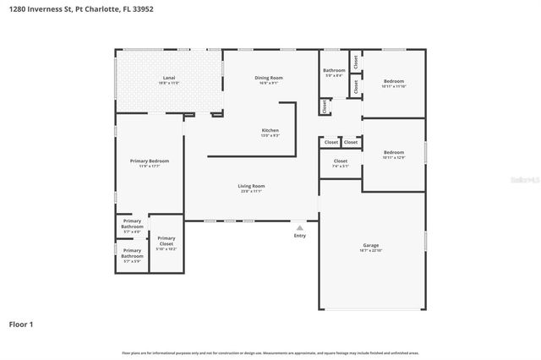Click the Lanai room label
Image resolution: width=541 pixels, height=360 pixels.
[x=169, y=78]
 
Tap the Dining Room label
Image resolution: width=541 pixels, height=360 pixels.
[x=269, y=78]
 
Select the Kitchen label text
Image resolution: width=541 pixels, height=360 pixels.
[x=270, y=130]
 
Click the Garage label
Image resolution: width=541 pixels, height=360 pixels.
[x=371, y=246]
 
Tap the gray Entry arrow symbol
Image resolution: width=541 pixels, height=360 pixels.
[x=299, y=227]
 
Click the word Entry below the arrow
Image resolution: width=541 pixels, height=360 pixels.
[x=300, y=236]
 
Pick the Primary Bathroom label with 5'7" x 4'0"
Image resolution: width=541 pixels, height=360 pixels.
[x=132, y=225]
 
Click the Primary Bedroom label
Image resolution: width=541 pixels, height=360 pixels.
[x=150, y=161]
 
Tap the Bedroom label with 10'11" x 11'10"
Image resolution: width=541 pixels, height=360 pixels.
[x=394, y=81]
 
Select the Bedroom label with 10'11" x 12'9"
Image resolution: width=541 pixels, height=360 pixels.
[x=394, y=152]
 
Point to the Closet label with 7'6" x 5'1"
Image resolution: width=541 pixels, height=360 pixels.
[x=341, y=161]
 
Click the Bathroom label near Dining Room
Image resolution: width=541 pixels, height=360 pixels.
[x=334, y=70]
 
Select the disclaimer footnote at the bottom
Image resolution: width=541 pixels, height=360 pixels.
[x=270, y=352]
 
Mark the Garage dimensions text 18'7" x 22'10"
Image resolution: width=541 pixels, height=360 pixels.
[x=371, y=251]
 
